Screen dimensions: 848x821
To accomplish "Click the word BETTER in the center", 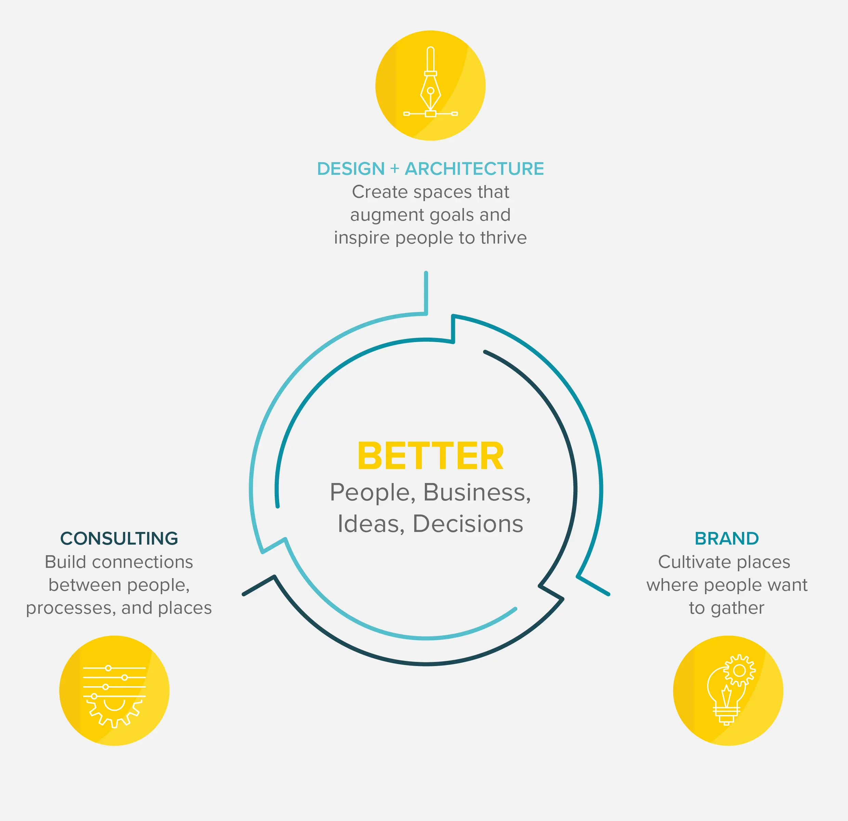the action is click(x=430, y=456).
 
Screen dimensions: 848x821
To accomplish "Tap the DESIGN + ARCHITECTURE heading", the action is click(x=430, y=169).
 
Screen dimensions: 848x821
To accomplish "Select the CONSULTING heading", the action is click(x=119, y=538).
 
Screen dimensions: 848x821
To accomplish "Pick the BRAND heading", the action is click(x=727, y=538).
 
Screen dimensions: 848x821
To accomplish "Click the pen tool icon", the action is click(x=430, y=82).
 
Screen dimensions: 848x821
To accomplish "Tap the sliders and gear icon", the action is click(x=114, y=696).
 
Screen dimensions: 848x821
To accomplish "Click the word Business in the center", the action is click(x=477, y=493).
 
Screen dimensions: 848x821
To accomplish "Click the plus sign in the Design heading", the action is click(x=394, y=169).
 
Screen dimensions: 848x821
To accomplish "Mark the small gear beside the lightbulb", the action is click(x=740, y=670).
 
